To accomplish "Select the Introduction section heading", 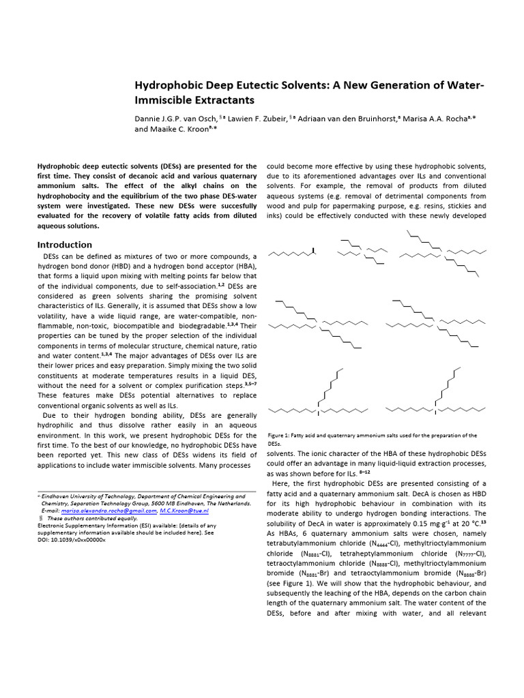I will coord(65,245).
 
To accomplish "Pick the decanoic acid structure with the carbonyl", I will coord(293,255).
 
